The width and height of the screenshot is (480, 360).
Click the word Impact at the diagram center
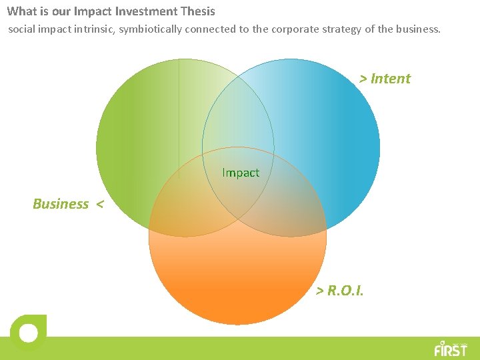coord(241,173)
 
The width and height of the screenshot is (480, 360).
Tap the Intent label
coord(391,79)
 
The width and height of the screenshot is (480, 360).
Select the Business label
coord(61,204)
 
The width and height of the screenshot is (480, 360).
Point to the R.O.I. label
coord(345,291)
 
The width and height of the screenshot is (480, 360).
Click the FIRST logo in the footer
coord(451,348)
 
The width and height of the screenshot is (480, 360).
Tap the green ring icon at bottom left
coord(28,332)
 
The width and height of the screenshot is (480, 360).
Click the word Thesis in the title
coord(197,11)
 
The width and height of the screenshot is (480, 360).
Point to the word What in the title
coord(21,11)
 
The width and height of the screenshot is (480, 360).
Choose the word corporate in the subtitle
coord(293,29)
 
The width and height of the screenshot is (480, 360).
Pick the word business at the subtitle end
coord(418,29)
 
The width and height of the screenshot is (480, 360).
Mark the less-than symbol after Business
coord(99,204)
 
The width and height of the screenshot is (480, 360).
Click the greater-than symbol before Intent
coord(363,79)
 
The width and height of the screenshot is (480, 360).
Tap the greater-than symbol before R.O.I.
coord(320,291)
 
